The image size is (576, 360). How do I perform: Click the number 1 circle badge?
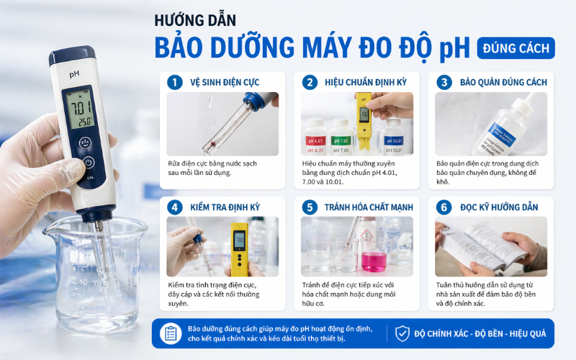[174, 82]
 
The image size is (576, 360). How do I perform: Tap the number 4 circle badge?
[174, 207]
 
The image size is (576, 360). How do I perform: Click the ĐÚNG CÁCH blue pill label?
[516, 48]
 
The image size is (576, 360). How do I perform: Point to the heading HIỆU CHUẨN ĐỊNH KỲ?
[366, 82]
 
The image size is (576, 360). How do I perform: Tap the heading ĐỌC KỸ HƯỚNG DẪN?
[499, 207]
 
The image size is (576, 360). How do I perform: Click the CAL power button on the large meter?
[89, 163]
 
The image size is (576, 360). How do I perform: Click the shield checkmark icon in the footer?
[402, 333]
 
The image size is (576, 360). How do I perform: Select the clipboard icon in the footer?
[171, 333]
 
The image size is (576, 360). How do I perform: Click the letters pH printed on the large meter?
[73, 73]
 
